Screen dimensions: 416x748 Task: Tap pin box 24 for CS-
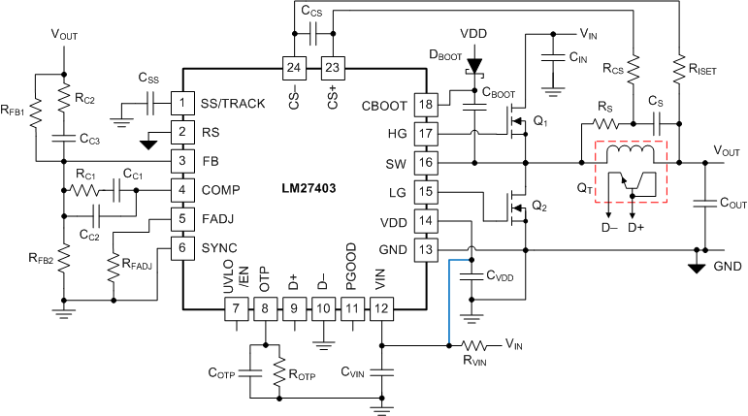(x=293, y=68)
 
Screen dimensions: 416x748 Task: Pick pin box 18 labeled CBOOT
(x=425, y=105)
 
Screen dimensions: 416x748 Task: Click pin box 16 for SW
(x=425, y=162)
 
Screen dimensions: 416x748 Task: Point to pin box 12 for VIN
(x=382, y=310)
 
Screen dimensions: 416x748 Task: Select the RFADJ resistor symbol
(x=114, y=264)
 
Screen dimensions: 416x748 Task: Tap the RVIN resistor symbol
(x=477, y=345)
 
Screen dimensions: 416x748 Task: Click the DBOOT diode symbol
(x=474, y=69)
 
